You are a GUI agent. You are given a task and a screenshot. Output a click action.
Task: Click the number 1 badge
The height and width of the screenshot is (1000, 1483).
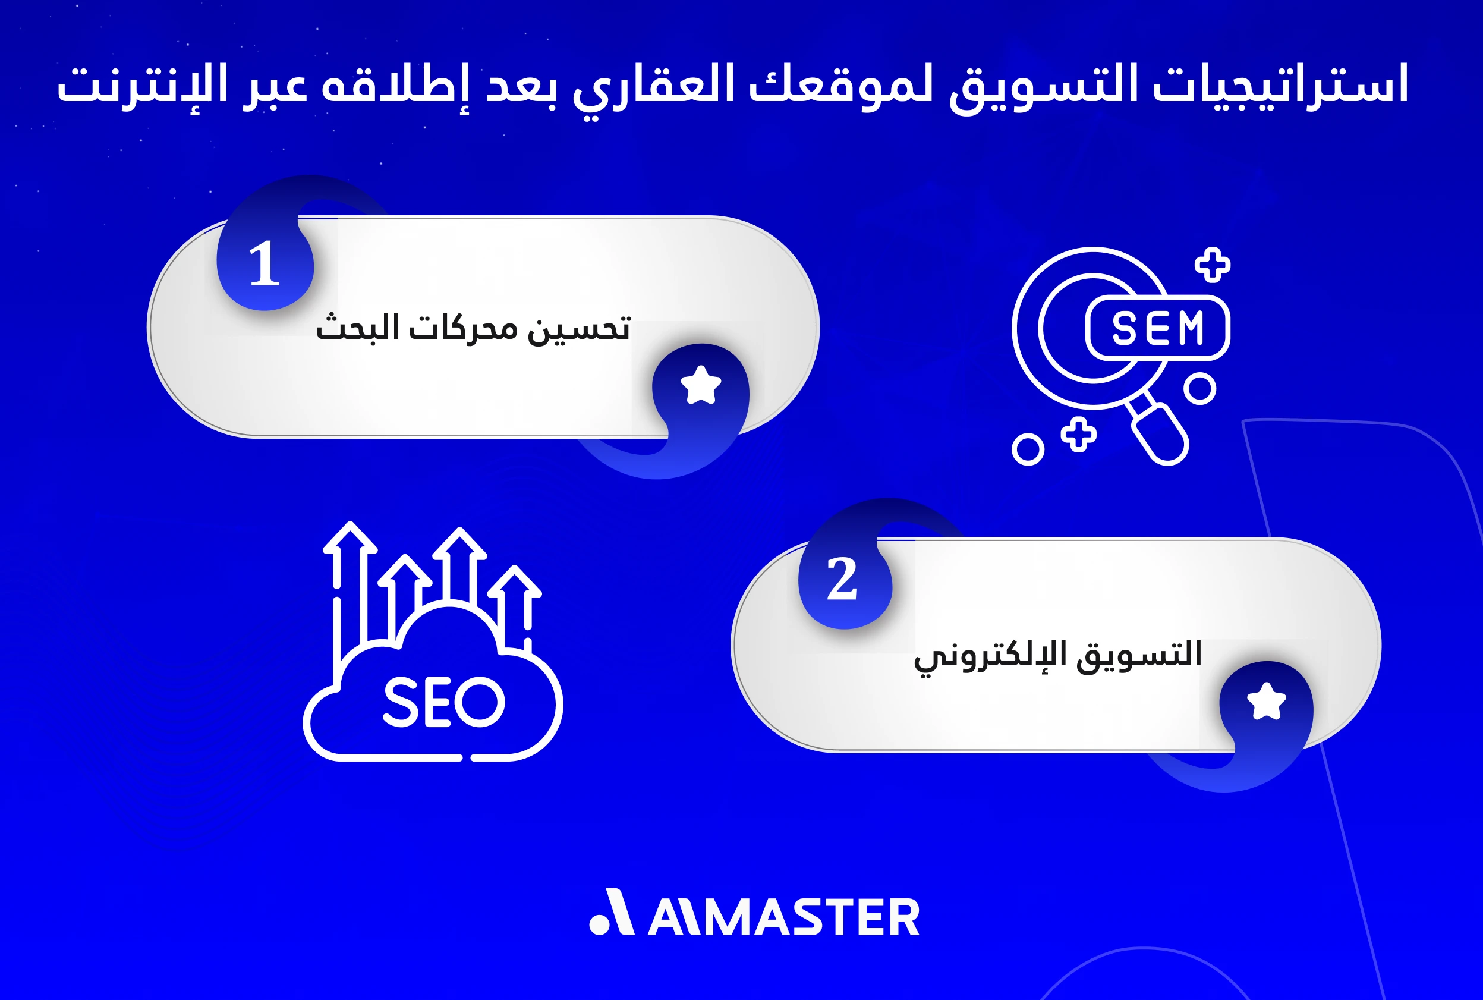pos(265,264)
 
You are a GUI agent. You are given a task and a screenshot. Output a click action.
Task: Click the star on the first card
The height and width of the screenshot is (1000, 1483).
pos(701,385)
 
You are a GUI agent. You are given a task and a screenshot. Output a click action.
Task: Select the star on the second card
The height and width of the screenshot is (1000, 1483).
pos(1266,701)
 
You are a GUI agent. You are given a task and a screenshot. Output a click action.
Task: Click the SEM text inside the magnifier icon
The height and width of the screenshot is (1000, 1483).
pos(1157,328)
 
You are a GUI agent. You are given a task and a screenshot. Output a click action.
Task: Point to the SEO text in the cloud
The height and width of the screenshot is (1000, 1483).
pos(444,702)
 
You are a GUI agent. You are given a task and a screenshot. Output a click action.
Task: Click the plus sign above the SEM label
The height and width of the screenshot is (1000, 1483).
pos(1212,265)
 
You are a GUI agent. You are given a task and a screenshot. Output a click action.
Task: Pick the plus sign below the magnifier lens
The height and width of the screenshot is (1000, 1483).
pos(1078,435)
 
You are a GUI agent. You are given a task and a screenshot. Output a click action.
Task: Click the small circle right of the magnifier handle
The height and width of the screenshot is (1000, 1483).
pos(1200,388)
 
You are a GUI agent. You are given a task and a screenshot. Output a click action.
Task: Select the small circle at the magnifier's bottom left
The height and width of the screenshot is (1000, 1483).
pos(1028,449)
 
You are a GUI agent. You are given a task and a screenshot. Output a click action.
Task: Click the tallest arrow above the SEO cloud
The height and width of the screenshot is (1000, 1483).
pos(350,574)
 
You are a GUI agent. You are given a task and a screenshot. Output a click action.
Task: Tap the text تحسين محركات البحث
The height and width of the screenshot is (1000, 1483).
pos(473,328)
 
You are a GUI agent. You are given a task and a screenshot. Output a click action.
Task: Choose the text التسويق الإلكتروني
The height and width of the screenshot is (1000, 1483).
pos(1058,655)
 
